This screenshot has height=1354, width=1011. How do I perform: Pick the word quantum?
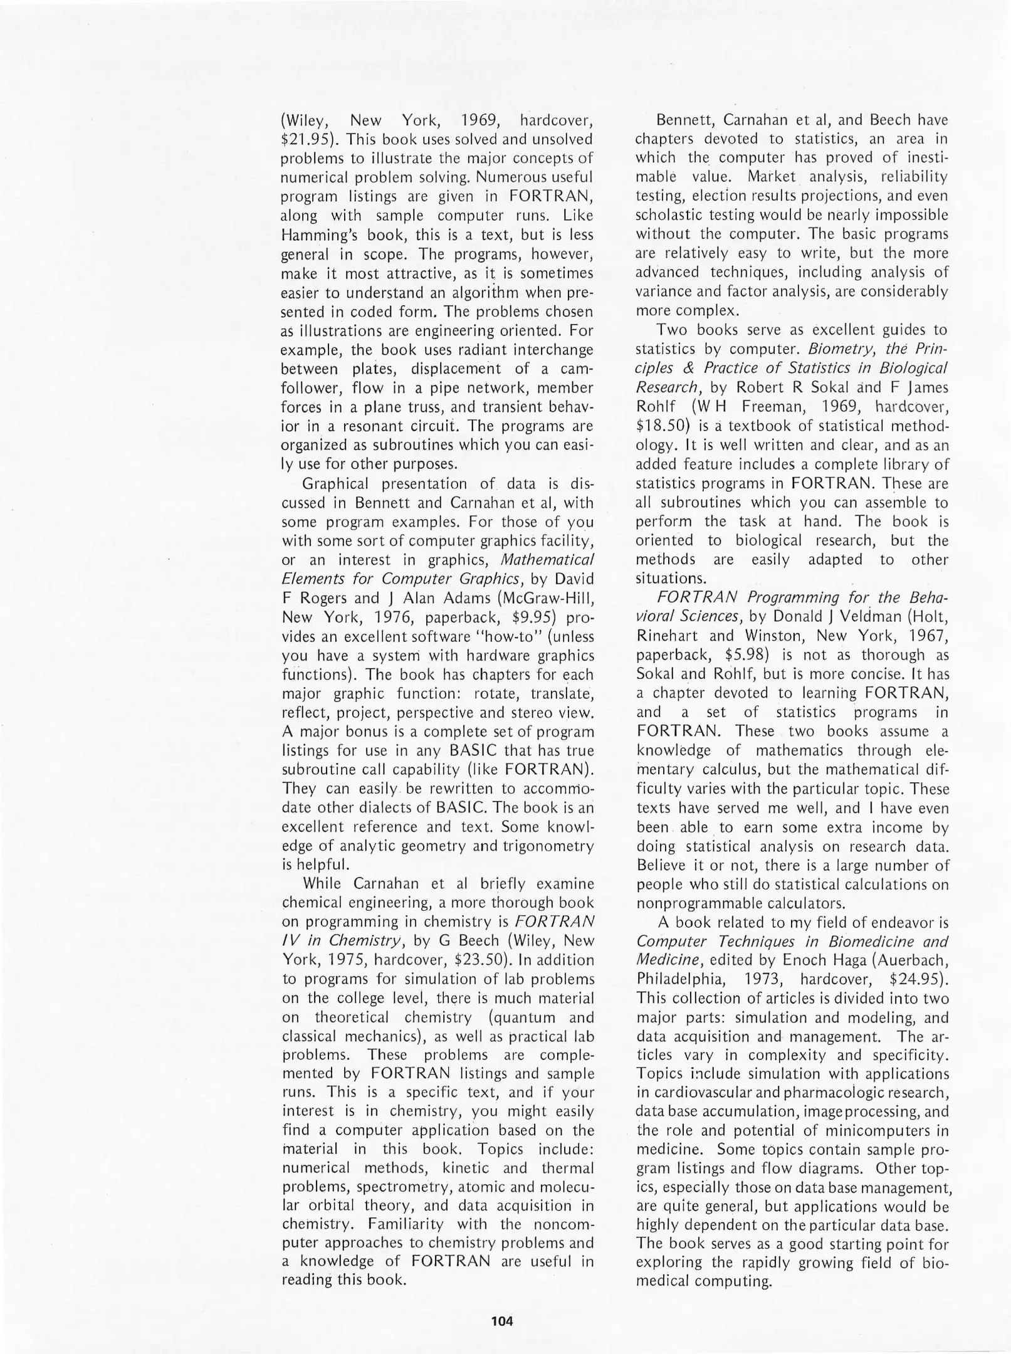[528, 1017]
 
